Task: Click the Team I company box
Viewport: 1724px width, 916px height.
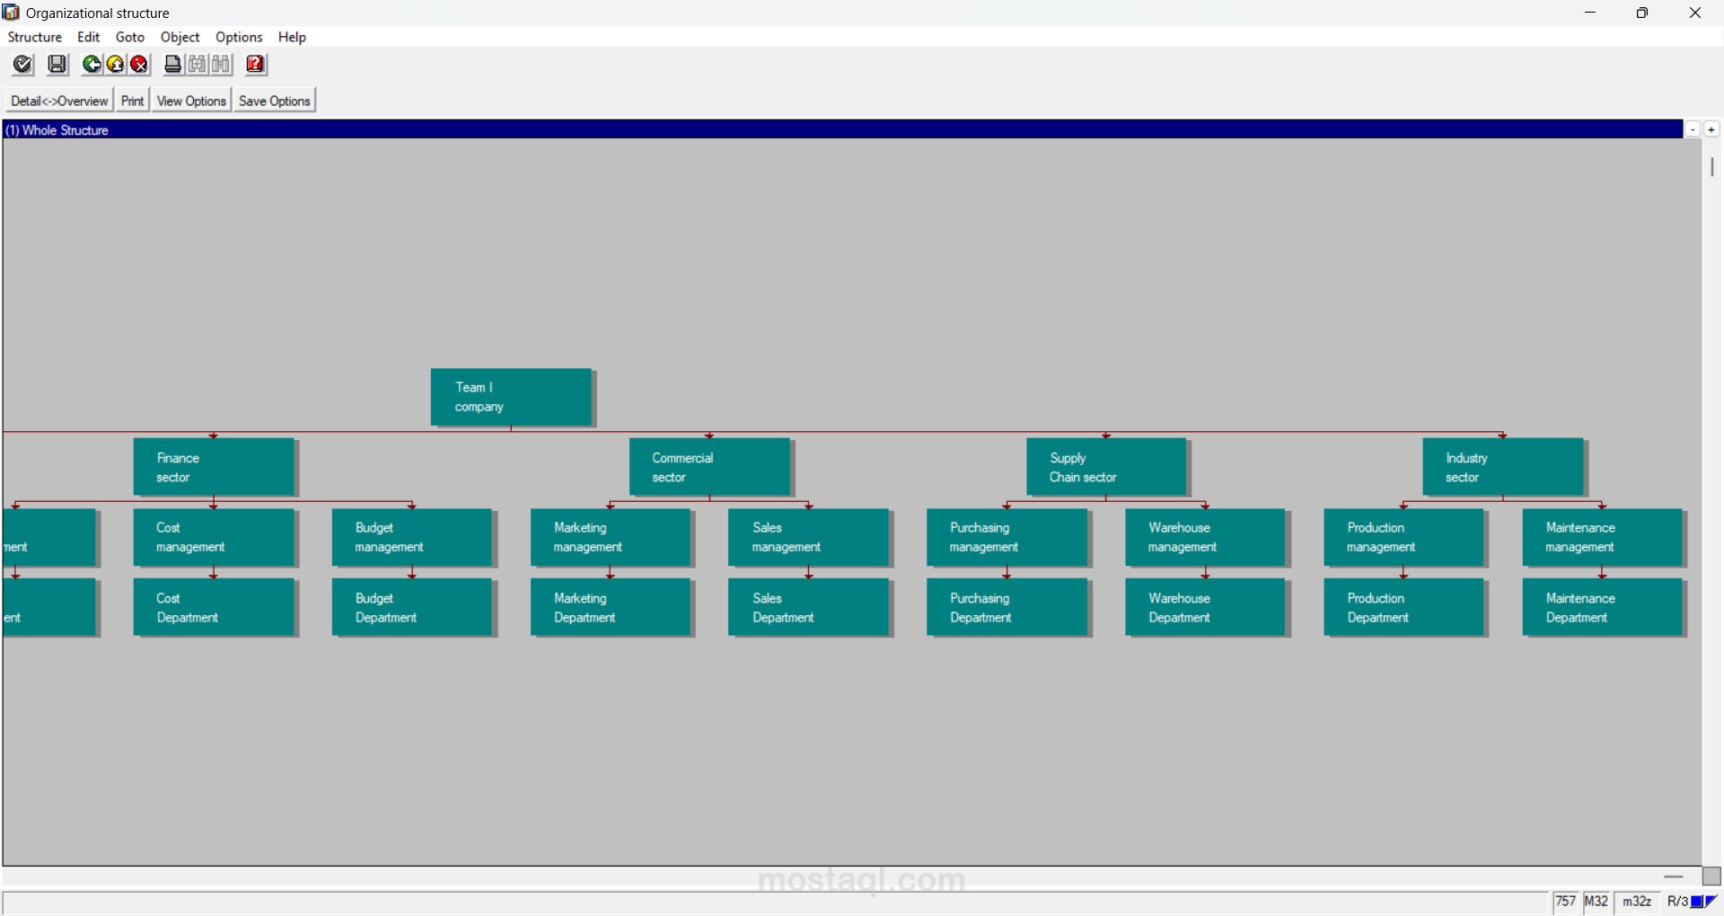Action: coord(511,396)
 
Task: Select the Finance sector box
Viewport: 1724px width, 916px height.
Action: coord(214,466)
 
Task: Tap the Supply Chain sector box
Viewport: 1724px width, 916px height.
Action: coord(1106,466)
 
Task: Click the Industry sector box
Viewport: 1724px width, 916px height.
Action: coord(1503,466)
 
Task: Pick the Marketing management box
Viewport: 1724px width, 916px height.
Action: coord(611,537)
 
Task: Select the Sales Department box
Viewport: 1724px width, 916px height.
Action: coord(809,607)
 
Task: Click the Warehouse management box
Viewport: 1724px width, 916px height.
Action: coord(1206,537)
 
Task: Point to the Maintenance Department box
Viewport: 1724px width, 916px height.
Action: coord(1603,607)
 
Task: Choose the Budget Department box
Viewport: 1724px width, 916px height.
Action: coord(412,607)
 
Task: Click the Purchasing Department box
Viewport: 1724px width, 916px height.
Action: coord(1007,607)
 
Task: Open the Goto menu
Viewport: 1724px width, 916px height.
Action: coord(130,37)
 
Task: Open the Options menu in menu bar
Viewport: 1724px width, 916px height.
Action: coord(239,37)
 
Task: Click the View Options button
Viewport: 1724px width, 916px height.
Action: coord(191,101)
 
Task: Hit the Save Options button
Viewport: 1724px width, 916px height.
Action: coord(275,101)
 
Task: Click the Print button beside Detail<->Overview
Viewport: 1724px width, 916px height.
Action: coord(132,101)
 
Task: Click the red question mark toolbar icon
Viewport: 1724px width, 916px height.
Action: coord(256,65)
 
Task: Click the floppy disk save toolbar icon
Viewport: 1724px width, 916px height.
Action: coord(57,65)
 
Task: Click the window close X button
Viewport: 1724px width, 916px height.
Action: coord(1695,13)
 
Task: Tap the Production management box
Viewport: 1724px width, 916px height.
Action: coord(1404,537)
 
